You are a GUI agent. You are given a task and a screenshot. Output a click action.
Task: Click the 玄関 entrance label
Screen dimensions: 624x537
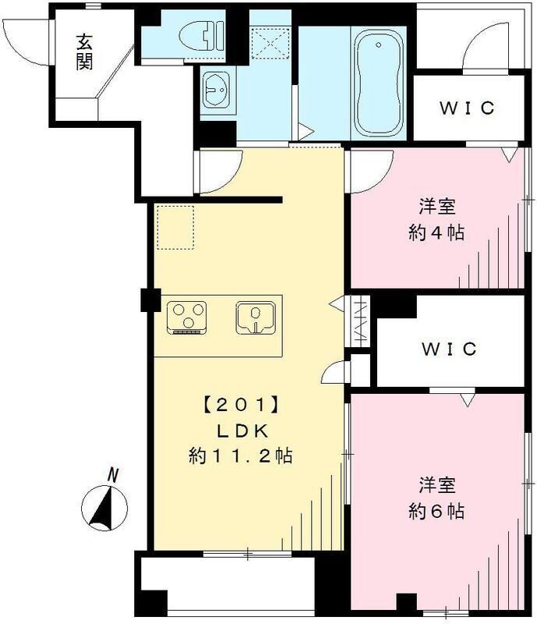[84, 51]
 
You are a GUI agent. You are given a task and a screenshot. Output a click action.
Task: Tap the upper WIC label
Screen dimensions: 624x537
[466, 108]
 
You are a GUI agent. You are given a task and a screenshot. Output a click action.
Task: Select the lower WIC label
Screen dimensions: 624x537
[449, 349]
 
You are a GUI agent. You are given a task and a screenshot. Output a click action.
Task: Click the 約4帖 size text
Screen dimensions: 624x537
[436, 232]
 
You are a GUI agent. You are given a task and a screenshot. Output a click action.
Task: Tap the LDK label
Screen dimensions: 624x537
[240, 431]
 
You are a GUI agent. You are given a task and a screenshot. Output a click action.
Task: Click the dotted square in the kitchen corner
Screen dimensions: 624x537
[175, 226]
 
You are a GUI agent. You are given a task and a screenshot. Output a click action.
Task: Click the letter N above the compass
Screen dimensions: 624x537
[114, 473]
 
